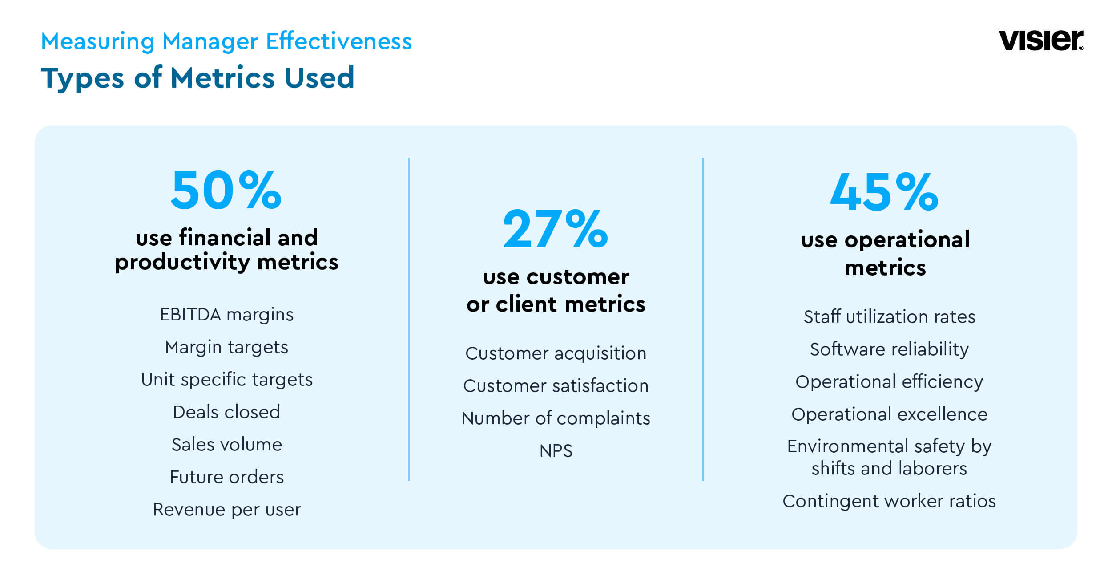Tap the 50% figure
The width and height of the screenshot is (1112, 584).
pyautogui.click(x=226, y=190)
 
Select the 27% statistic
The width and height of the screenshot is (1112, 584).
pyautogui.click(x=555, y=229)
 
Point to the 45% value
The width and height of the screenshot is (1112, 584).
pyautogui.click(x=884, y=192)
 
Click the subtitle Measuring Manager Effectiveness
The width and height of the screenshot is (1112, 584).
pyautogui.click(x=226, y=41)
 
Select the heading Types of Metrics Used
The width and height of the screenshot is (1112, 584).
pyautogui.click(x=197, y=78)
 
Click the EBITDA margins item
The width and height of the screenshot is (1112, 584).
pyautogui.click(x=227, y=315)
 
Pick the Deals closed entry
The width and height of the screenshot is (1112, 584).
pyautogui.click(x=227, y=412)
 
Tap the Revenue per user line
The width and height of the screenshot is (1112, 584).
pyautogui.click(x=227, y=510)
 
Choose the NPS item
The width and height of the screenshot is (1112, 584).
pyautogui.click(x=556, y=451)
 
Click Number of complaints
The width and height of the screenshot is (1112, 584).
pyautogui.click(x=556, y=418)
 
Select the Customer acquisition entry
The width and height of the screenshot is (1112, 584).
pyautogui.click(x=556, y=353)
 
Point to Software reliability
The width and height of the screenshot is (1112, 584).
pyautogui.click(x=889, y=349)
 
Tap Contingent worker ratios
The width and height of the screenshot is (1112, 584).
pyautogui.click(x=889, y=501)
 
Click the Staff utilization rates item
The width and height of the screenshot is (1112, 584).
pyautogui.click(x=889, y=317)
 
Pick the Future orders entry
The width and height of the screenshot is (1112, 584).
pyautogui.click(x=227, y=477)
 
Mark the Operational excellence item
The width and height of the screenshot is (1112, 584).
pyautogui.click(x=889, y=414)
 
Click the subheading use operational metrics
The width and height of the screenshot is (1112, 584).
pyautogui.click(x=885, y=254)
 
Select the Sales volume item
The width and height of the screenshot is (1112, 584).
pyautogui.click(x=227, y=445)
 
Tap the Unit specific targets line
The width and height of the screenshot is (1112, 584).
pyautogui.click(x=227, y=380)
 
